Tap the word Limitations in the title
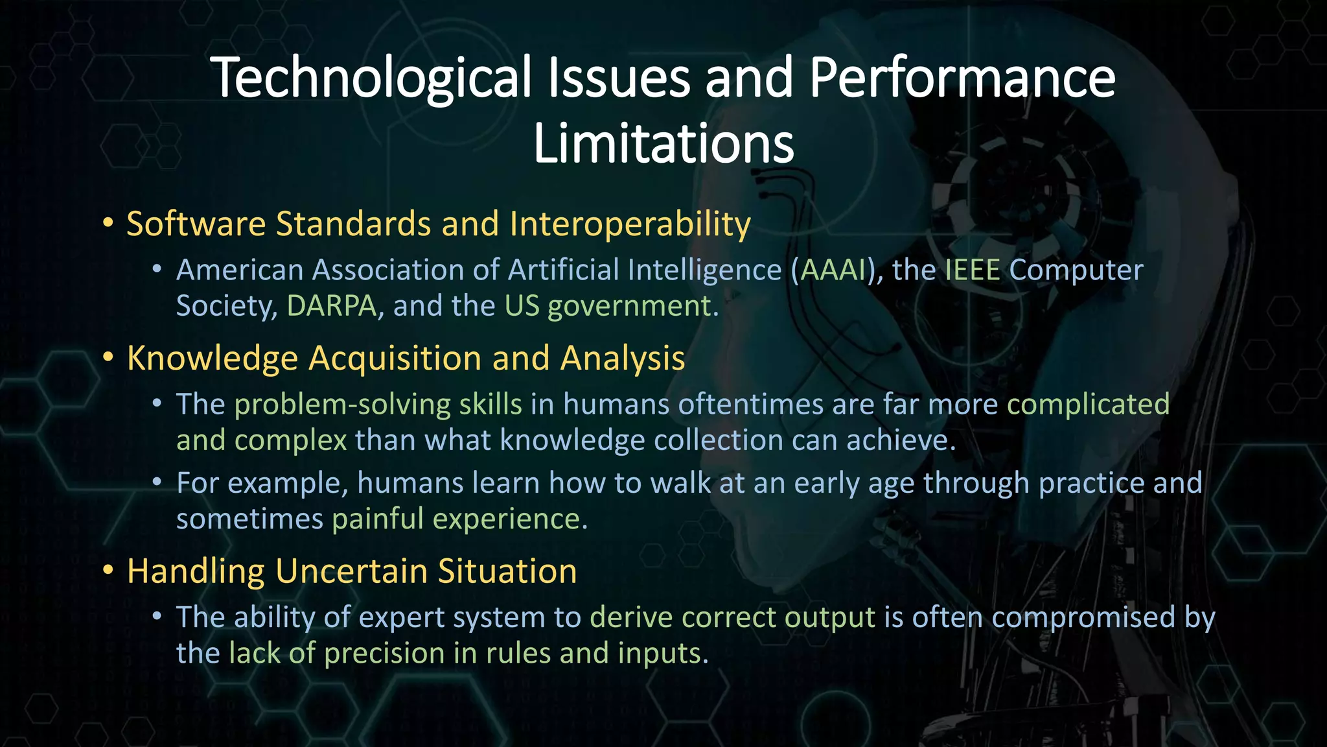(x=663, y=144)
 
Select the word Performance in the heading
(x=962, y=78)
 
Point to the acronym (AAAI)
(x=833, y=270)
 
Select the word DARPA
(x=332, y=305)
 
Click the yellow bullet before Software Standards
(x=108, y=223)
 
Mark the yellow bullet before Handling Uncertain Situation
(x=108, y=571)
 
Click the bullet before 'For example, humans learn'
(x=157, y=482)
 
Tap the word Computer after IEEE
(x=1076, y=270)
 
